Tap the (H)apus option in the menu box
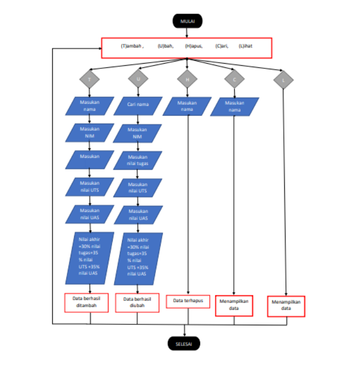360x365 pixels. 194,46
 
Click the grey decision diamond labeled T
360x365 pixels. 89,80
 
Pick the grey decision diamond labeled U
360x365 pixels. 138,79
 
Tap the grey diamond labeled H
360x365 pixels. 187,80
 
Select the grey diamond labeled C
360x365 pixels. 235,80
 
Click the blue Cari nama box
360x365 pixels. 138,105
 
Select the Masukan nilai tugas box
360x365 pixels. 138,160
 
